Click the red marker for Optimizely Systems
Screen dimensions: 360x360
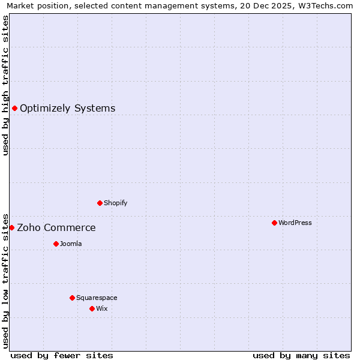(x=14, y=108)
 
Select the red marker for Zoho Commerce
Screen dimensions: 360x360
(x=11, y=227)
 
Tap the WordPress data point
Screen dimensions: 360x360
(x=274, y=223)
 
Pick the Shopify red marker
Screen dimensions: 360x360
(x=100, y=203)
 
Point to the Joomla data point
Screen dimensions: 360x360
(x=56, y=244)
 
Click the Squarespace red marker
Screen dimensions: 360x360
(x=72, y=298)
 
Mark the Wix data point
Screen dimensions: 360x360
(x=92, y=308)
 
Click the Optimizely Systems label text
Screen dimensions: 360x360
(x=67, y=109)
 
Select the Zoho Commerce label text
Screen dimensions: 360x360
(x=56, y=228)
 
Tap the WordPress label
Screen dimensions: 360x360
(x=295, y=223)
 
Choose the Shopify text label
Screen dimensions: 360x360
(x=115, y=203)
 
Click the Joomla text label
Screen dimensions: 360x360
(x=71, y=244)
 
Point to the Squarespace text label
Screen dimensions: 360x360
(x=97, y=298)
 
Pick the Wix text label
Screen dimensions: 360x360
(x=101, y=309)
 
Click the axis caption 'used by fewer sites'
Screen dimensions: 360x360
(x=62, y=355)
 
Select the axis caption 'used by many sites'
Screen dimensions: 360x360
(x=301, y=355)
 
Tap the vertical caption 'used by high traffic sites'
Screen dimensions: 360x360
(x=5, y=85)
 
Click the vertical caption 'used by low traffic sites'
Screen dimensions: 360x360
(x=5, y=280)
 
